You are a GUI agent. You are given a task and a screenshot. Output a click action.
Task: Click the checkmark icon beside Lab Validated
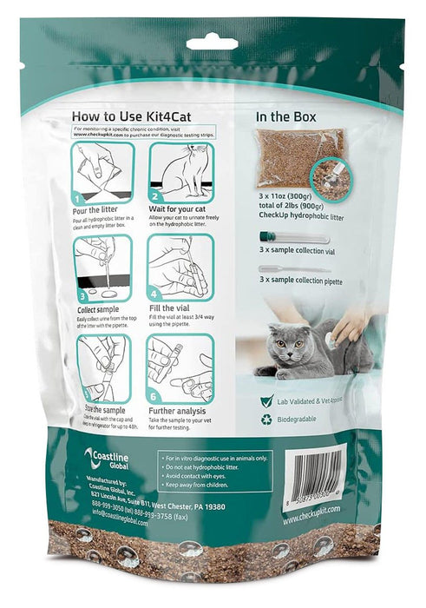(266, 402)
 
